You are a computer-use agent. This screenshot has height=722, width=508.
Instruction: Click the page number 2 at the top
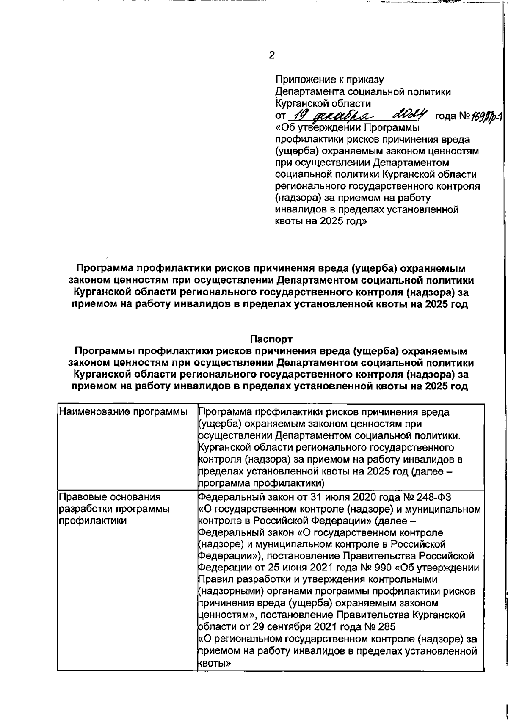pos(271,55)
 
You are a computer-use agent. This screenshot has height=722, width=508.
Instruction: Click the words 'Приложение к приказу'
pos(329,79)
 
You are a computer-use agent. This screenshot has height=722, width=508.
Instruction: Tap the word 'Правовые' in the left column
pos(83,497)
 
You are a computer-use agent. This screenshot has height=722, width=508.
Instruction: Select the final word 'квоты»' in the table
pos(214,664)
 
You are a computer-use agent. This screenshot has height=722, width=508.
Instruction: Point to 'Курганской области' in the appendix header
pos(323,103)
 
